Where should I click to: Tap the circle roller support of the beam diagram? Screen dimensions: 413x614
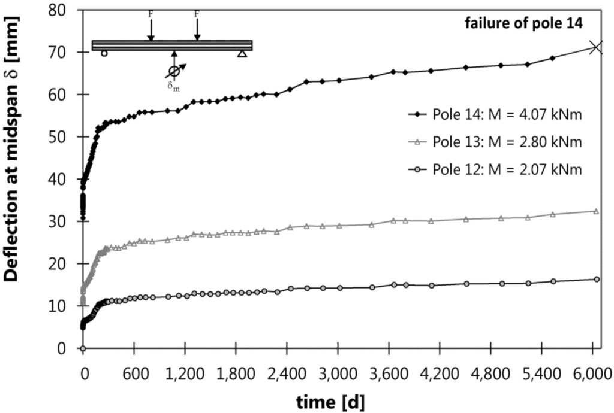pyautogui.click(x=104, y=54)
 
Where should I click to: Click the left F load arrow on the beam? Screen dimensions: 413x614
pyautogui.click(x=151, y=27)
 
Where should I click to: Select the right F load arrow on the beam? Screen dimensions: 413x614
pyautogui.click(x=197, y=27)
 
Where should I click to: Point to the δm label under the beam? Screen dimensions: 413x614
pyautogui.click(x=173, y=86)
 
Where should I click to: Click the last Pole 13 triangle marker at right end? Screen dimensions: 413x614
pyautogui.click(x=595, y=211)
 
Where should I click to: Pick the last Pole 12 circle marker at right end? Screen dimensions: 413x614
pyautogui.click(x=595, y=279)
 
